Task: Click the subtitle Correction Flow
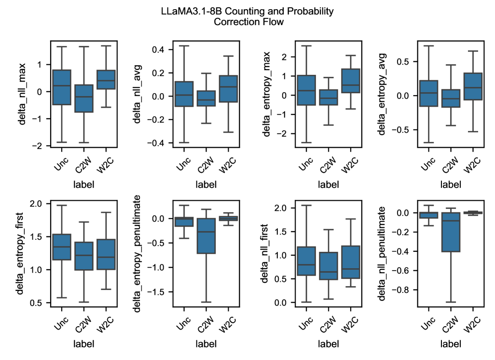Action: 247,22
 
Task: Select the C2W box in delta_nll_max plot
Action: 84,98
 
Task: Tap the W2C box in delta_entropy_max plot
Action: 351,81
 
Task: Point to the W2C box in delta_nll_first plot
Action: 351,262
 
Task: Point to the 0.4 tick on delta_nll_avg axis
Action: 159,50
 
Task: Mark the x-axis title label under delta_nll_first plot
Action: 329,344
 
